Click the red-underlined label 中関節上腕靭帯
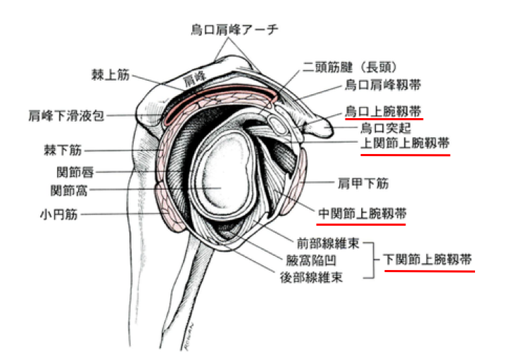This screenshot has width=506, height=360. [x=361, y=213]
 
